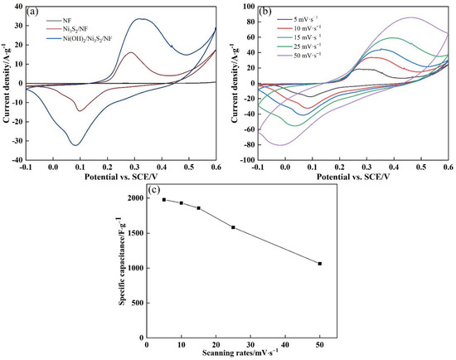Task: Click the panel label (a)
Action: [36, 12]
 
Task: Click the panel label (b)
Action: [264, 12]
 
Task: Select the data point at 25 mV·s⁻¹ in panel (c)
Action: [233, 227]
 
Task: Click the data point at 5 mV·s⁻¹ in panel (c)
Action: [164, 199]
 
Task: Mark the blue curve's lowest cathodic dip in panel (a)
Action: [75, 145]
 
